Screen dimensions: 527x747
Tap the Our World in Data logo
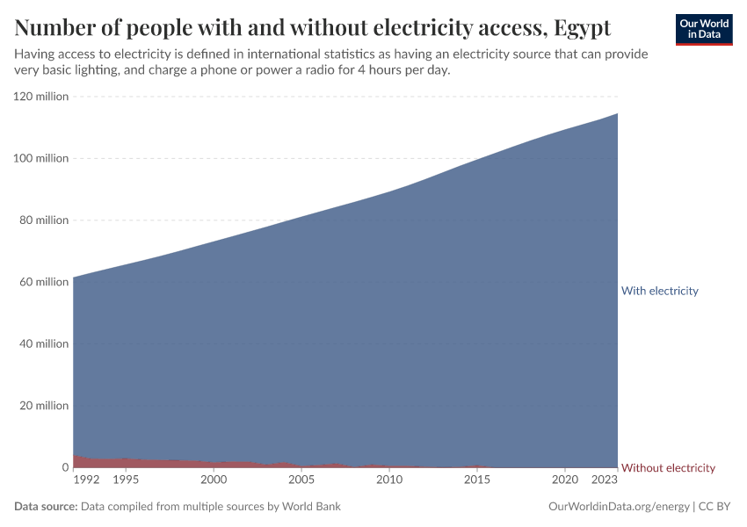[704, 29]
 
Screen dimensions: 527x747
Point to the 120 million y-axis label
[40, 97]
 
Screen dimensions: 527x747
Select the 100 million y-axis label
[40, 158]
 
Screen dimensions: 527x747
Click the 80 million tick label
[43, 220]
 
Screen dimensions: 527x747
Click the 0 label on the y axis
[64, 467]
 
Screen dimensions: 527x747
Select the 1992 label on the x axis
[86, 480]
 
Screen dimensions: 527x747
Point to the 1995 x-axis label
[126, 480]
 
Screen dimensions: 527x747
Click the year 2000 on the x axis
[214, 480]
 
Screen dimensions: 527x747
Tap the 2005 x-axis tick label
[301, 480]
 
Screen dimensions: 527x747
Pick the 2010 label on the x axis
[389, 480]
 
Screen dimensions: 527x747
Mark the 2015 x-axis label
[477, 480]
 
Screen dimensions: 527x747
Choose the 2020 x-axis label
[565, 480]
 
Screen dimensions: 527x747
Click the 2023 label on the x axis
[605, 480]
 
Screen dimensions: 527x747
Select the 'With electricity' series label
[659, 291]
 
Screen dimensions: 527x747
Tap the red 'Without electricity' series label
[668, 467]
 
